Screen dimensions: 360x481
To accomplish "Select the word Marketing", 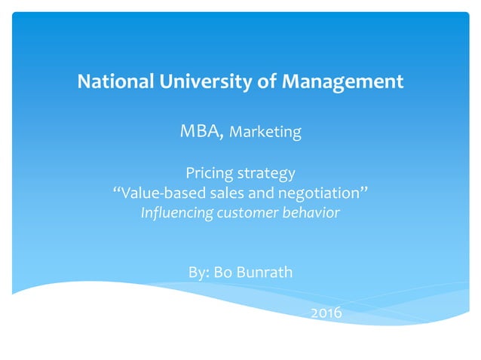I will click(265, 133).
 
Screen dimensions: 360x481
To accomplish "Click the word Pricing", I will click(208, 174).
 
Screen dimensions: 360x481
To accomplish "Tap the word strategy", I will click(265, 175).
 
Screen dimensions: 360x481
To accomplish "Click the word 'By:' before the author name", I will click(198, 272).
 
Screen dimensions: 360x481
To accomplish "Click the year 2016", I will click(326, 312).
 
